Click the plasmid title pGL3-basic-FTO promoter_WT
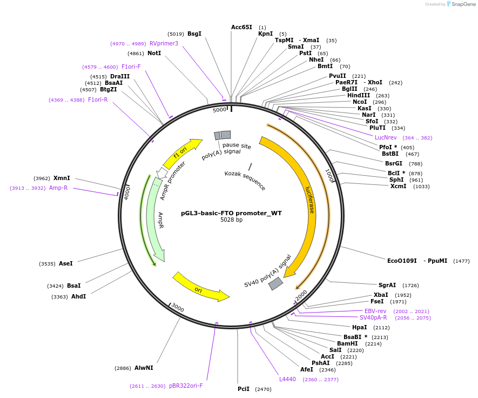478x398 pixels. [x=231, y=213]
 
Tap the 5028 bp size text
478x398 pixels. [x=231, y=220]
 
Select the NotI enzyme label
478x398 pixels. [x=154, y=54]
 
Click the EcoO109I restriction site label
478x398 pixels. [x=402, y=261]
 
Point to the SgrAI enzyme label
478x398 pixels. [x=387, y=285]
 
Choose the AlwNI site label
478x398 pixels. [x=144, y=368]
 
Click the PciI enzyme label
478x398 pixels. [x=244, y=389]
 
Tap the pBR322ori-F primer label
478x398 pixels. [x=186, y=386]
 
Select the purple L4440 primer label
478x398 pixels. [x=287, y=379]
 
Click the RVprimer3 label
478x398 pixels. [x=164, y=43]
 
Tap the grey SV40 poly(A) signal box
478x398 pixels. [x=276, y=283]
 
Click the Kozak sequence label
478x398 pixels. [x=245, y=181]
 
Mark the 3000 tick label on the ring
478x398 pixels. [x=178, y=308]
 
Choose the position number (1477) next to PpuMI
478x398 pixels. [x=461, y=261]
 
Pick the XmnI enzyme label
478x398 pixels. [x=62, y=178]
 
